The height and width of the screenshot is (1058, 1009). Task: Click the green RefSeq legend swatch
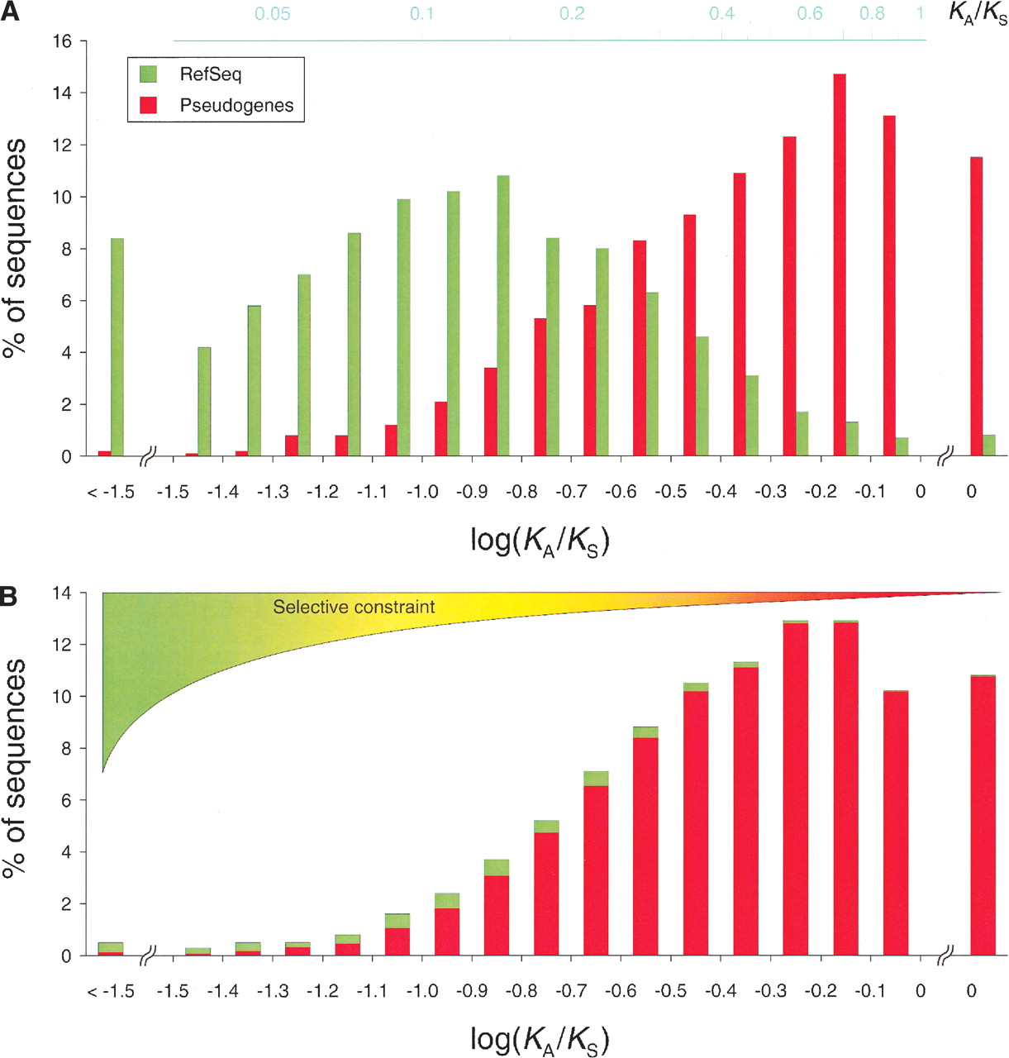148,74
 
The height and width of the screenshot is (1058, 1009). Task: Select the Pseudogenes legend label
236,106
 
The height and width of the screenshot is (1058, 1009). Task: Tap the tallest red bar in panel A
840,264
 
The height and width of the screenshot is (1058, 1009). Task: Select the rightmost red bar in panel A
976,306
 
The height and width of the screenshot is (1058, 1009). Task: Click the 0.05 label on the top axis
273,14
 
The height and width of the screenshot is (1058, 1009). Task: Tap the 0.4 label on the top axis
721,14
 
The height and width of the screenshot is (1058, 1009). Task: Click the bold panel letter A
10,14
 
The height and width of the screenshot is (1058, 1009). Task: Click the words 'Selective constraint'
354,608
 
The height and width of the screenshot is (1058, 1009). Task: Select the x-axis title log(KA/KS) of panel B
539,1039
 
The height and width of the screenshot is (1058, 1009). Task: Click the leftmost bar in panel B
111,949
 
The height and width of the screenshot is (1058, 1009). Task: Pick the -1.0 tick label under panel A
423,493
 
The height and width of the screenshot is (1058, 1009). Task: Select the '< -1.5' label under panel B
112,991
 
